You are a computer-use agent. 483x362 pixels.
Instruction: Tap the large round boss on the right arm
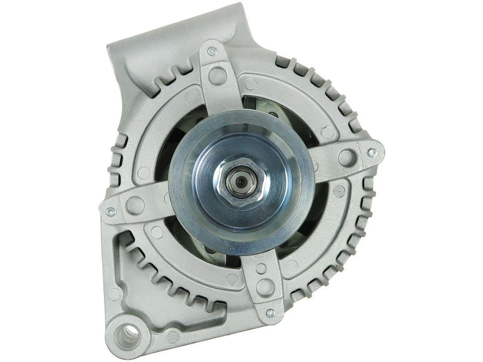[346, 156]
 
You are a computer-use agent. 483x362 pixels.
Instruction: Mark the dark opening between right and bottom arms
[309, 223]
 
